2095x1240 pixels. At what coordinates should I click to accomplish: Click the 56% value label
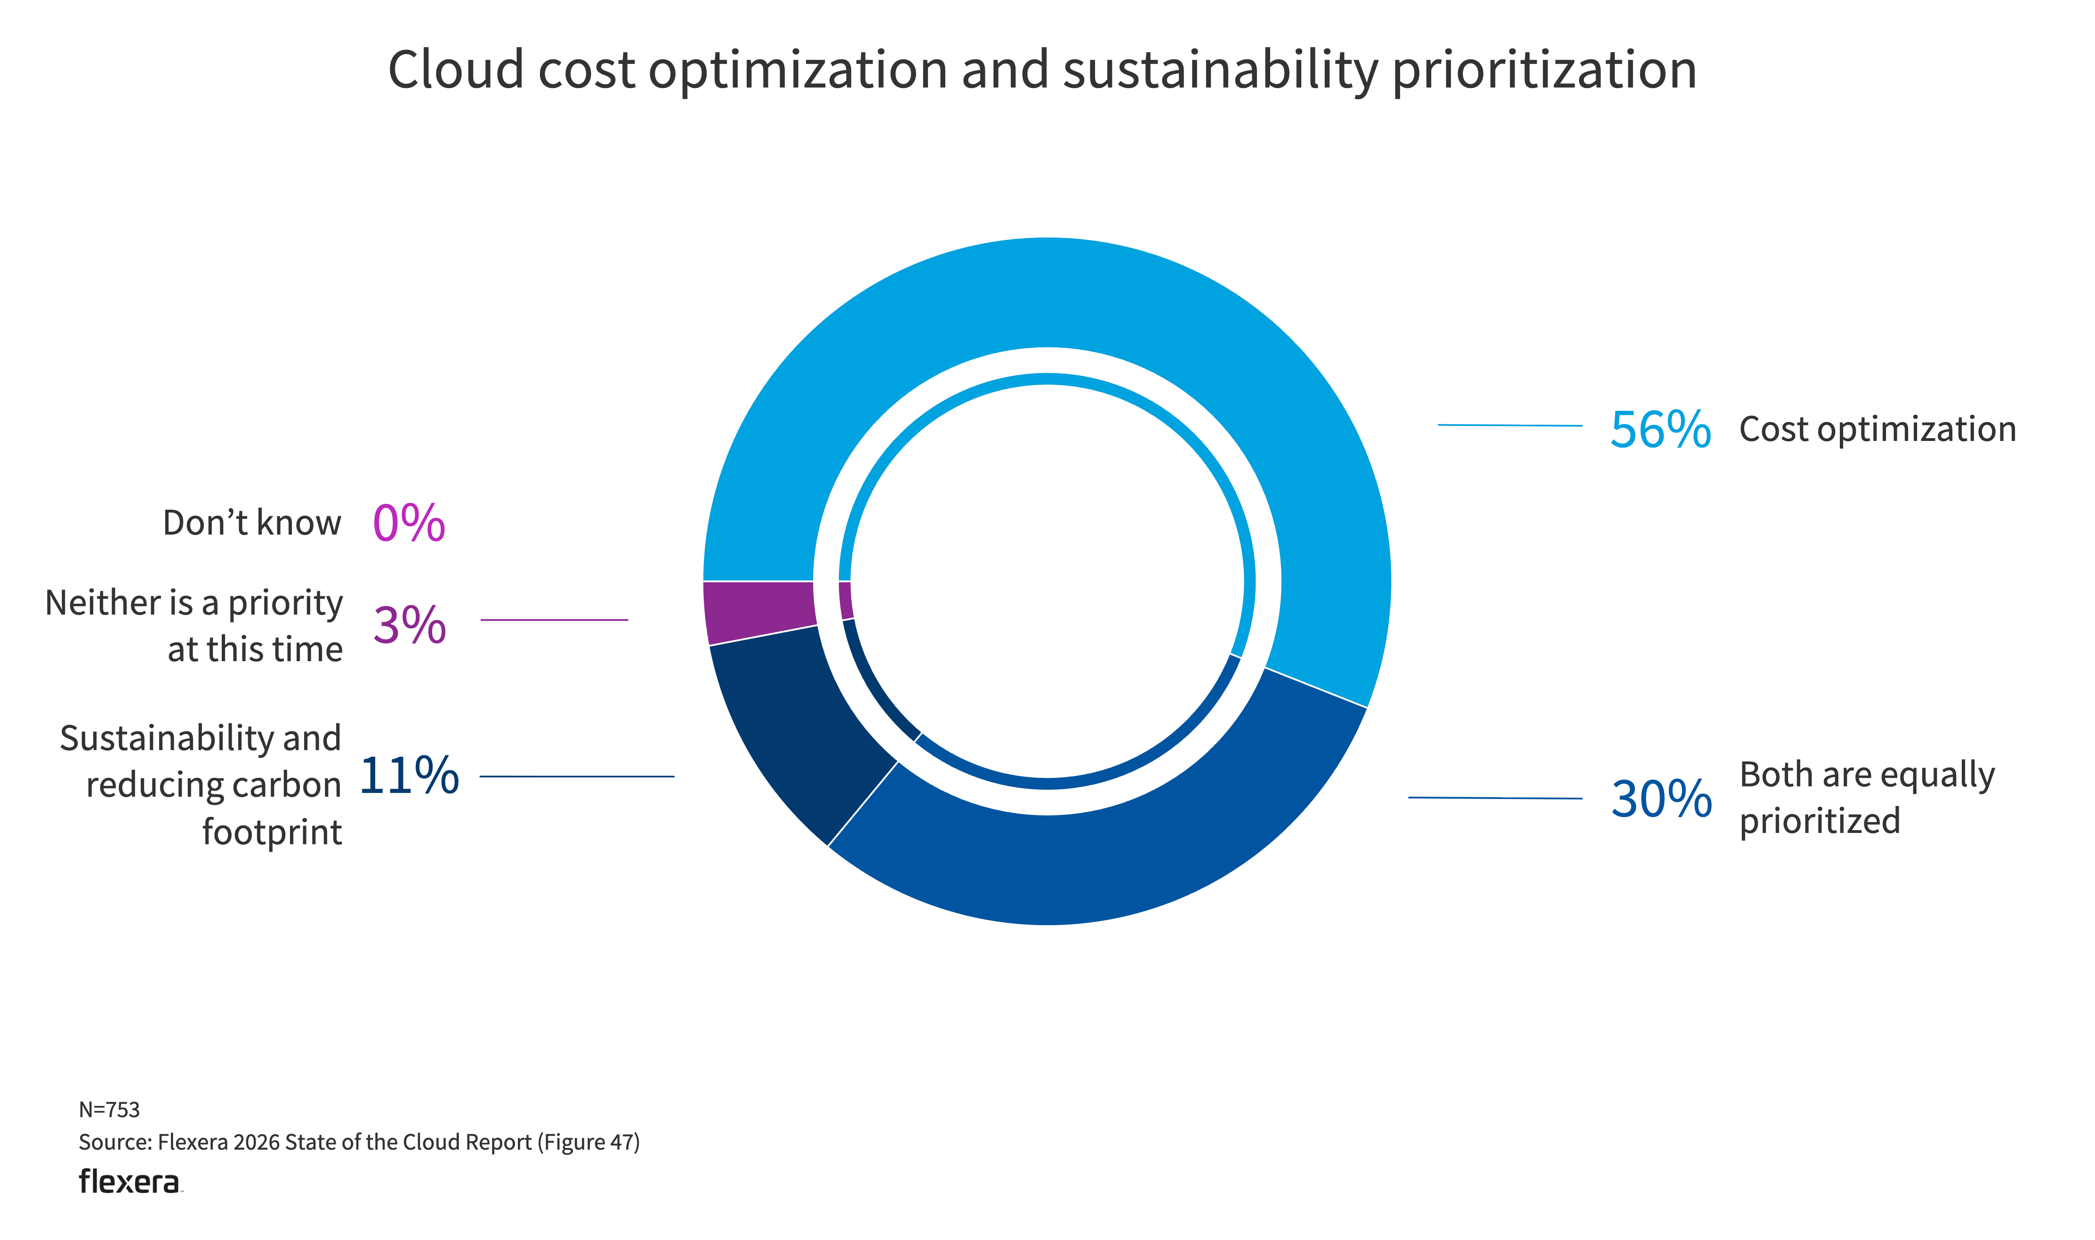[1660, 430]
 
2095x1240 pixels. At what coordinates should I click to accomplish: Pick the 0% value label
[409, 523]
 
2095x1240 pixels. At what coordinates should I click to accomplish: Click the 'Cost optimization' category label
[1877, 430]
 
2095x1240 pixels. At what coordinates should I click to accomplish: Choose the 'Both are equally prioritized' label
[1866, 798]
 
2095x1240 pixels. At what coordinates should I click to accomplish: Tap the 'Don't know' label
[251, 523]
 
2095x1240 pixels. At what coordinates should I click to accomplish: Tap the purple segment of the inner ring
[846, 600]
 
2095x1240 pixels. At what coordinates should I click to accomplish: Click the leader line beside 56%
[1509, 425]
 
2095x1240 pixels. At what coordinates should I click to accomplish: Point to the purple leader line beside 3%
[554, 620]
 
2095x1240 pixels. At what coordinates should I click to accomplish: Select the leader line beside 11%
[577, 776]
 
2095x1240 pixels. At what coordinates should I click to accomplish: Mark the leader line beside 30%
[1494, 798]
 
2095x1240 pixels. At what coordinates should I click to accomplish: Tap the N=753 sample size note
[110, 1110]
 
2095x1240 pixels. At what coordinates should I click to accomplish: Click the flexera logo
[129, 1182]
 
